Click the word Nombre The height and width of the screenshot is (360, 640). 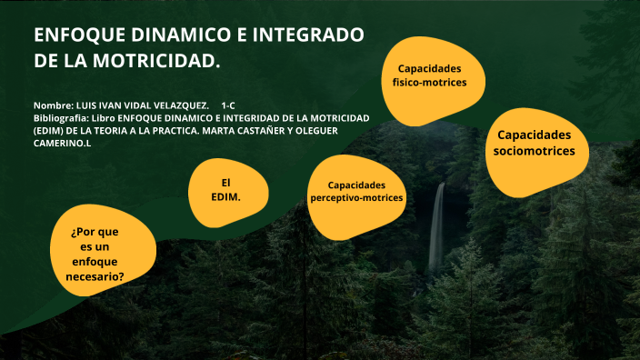pyautogui.click(x=53, y=106)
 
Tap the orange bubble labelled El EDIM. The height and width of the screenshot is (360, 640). pyautogui.click(x=225, y=190)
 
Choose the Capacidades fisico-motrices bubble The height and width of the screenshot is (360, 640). pyautogui.click(x=428, y=76)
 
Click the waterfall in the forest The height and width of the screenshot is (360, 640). pyautogui.click(x=437, y=227)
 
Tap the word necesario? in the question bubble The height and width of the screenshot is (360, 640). pyautogui.click(x=97, y=276)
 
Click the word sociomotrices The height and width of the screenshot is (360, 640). pyautogui.click(x=534, y=152)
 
